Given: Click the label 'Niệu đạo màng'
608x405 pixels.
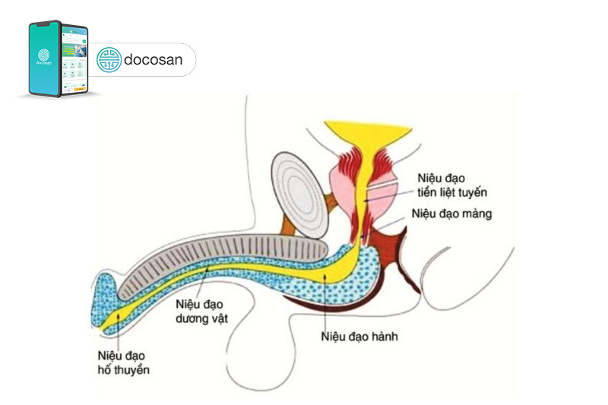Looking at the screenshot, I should coord(451,214).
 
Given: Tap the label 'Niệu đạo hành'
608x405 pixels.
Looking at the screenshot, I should coord(360,337).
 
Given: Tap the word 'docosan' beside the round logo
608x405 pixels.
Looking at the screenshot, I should coord(153,60).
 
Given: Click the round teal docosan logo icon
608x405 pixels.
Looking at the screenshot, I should coord(109,60).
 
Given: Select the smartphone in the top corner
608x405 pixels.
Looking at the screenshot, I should coord(59,59).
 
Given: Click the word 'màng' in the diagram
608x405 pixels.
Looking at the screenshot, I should coord(477,214).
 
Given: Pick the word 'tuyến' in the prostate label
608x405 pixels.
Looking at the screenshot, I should coord(469,193).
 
